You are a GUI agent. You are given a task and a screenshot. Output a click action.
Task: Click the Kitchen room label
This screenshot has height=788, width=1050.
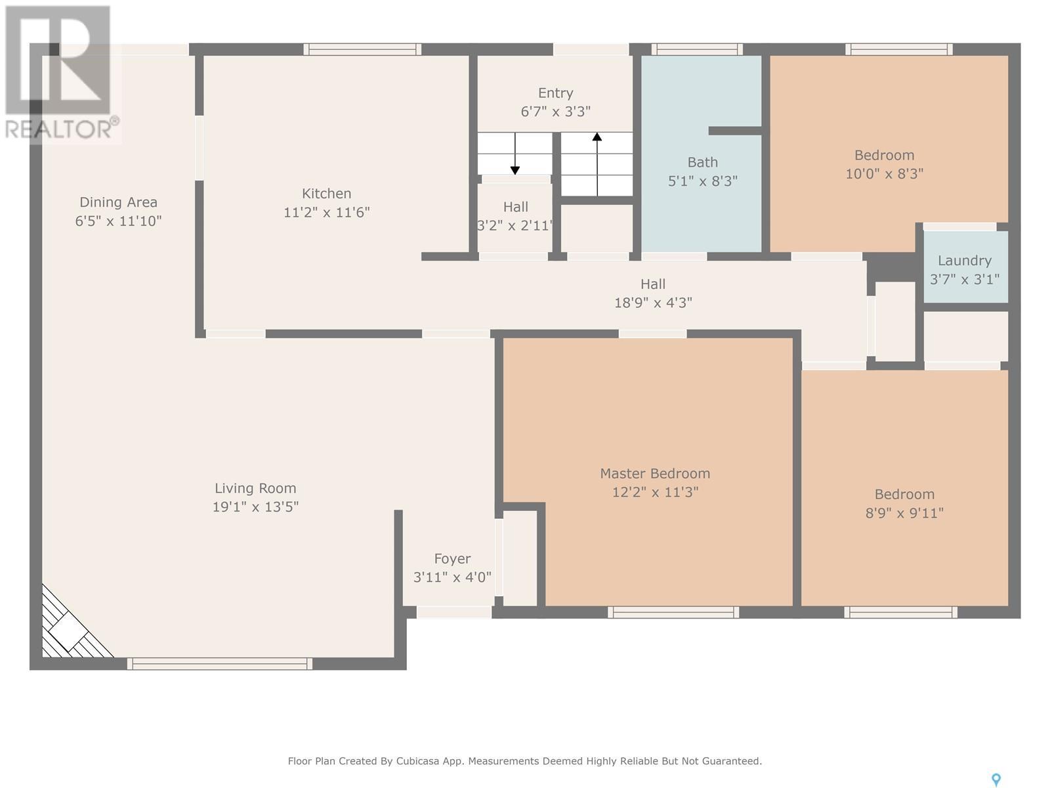[x=326, y=194]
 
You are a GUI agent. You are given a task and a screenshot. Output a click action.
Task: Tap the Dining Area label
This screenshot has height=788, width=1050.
[x=118, y=202]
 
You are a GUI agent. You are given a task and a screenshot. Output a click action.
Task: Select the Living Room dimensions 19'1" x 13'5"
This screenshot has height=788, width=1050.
[x=255, y=507]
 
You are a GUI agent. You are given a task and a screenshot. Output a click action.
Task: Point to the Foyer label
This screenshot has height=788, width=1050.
[x=452, y=559]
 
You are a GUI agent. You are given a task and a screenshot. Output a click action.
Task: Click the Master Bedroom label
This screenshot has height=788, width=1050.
[x=655, y=473]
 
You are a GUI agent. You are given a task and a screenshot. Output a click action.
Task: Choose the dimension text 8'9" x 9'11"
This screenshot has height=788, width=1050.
[x=904, y=514]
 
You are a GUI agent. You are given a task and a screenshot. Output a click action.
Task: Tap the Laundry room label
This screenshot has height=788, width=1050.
[x=965, y=261]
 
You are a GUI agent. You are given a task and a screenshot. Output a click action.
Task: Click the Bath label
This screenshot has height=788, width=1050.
[x=703, y=163]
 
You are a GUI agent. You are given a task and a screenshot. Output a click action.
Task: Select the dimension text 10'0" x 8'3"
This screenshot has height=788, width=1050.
[x=885, y=173]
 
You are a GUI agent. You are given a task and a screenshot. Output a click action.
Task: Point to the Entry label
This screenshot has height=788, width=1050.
[x=555, y=93]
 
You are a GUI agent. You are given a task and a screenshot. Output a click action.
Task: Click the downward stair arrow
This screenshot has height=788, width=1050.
[x=514, y=153]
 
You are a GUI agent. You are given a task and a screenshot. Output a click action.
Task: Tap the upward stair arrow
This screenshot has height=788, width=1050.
[x=597, y=164]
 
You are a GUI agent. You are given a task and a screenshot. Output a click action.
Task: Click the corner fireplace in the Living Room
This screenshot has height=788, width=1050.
[x=71, y=626]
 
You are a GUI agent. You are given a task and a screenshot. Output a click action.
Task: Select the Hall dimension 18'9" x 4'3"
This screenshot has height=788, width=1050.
[x=653, y=303]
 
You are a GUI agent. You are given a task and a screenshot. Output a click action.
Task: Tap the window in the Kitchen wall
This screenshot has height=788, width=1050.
[x=362, y=49]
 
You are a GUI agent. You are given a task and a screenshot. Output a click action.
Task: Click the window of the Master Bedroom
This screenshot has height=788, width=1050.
[x=673, y=612]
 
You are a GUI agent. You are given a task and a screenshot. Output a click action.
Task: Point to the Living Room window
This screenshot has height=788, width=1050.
[x=220, y=664]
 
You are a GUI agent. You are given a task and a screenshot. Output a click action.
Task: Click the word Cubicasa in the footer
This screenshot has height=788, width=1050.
[x=417, y=760]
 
